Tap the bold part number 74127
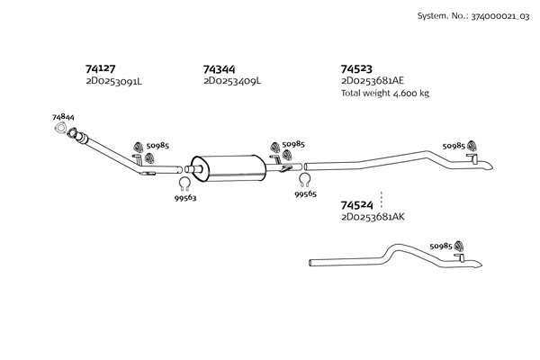(100, 68)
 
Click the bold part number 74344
(220, 68)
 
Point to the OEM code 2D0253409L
(231, 81)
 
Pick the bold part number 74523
(356, 68)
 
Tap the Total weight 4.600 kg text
(384, 93)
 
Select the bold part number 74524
(356, 206)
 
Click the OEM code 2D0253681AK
(372, 218)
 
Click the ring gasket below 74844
(64, 133)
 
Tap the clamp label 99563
(185, 198)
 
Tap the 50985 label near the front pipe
(157, 146)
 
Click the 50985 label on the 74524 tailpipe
(441, 245)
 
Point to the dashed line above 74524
(382, 198)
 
